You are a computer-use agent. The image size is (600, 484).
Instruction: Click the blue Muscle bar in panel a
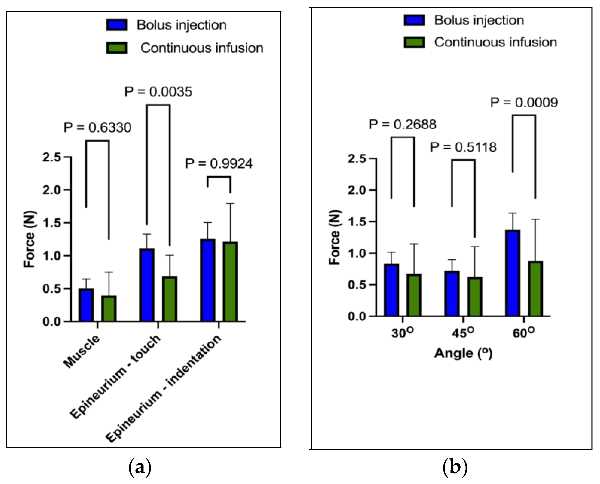coord(86,305)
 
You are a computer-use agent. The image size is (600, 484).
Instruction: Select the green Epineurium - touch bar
coord(170,299)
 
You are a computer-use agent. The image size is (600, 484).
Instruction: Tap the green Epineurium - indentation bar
coord(230,282)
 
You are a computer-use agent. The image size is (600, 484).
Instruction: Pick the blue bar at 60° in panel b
coord(513,273)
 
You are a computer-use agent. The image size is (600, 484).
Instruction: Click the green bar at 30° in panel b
coord(414,295)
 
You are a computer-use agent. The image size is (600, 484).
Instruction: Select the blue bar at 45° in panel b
coord(452,294)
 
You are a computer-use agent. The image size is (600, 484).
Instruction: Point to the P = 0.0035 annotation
coord(158,92)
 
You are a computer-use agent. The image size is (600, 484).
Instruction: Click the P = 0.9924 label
coord(219,163)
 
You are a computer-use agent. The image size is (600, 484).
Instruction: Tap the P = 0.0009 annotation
coord(524,103)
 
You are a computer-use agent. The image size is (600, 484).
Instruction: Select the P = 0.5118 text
coord(463,147)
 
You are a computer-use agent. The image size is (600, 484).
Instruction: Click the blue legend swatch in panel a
coord(117,25)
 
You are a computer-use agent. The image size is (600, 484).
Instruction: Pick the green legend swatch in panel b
coord(414,42)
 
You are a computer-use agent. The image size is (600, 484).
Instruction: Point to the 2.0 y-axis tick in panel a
coord(52,190)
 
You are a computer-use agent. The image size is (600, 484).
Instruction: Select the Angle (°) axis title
coord(463,353)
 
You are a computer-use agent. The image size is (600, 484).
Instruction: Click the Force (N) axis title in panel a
coord(29,239)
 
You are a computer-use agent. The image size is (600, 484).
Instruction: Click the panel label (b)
coord(455,466)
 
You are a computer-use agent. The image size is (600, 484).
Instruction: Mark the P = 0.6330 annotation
coord(97,128)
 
